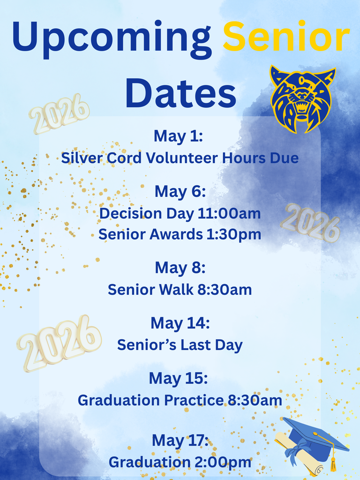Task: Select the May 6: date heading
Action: pyautogui.click(x=180, y=192)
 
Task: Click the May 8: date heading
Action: pyautogui.click(x=180, y=268)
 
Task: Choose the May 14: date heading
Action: pyautogui.click(x=180, y=323)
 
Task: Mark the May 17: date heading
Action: pyautogui.click(x=180, y=441)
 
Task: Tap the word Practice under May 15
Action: pyautogui.click(x=194, y=400)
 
